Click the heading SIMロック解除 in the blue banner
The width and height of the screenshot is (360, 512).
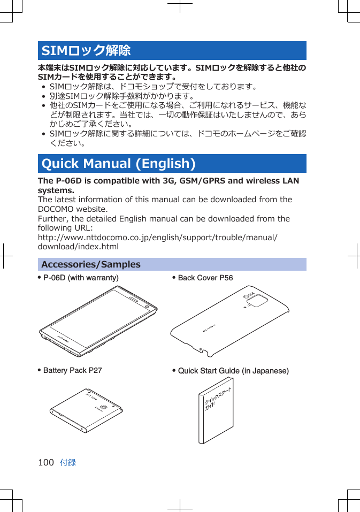pos(86,51)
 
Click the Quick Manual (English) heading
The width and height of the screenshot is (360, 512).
pos(118,164)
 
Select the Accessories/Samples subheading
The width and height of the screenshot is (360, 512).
pos(91,264)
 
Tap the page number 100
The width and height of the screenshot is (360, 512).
pos(46,462)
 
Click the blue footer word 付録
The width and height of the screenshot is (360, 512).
pos(68,462)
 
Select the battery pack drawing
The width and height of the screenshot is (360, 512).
pos(86,410)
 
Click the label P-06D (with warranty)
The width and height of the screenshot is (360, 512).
pos(81,278)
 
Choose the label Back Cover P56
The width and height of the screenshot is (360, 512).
pos(205,278)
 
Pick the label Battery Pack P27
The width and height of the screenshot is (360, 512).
pos(72,370)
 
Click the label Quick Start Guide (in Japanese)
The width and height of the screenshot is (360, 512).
pos(233,371)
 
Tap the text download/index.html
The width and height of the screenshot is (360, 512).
pos(78,247)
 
